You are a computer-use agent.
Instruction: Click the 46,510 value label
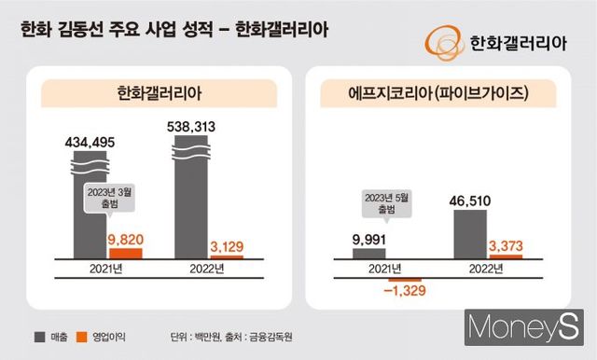[x=471, y=200]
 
